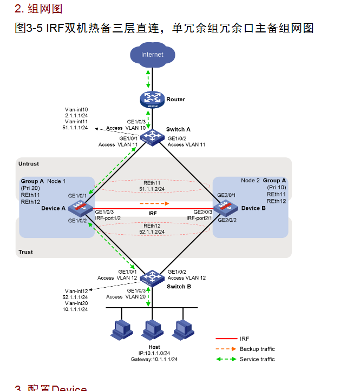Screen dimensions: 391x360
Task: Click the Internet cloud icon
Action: coord(152,55)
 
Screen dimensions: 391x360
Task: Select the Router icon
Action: coord(152,100)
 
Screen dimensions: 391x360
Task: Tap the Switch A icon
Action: coord(152,136)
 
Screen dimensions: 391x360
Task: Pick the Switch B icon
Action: coord(152,278)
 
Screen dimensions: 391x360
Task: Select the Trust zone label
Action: coord(26,252)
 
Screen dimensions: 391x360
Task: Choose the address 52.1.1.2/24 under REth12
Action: coord(152,231)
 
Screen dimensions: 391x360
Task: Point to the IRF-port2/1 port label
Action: coord(199,217)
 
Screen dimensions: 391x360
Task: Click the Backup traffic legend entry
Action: coord(257,349)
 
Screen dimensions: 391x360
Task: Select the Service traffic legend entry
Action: coord(257,359)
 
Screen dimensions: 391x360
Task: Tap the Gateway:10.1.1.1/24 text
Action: coord(154,359)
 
